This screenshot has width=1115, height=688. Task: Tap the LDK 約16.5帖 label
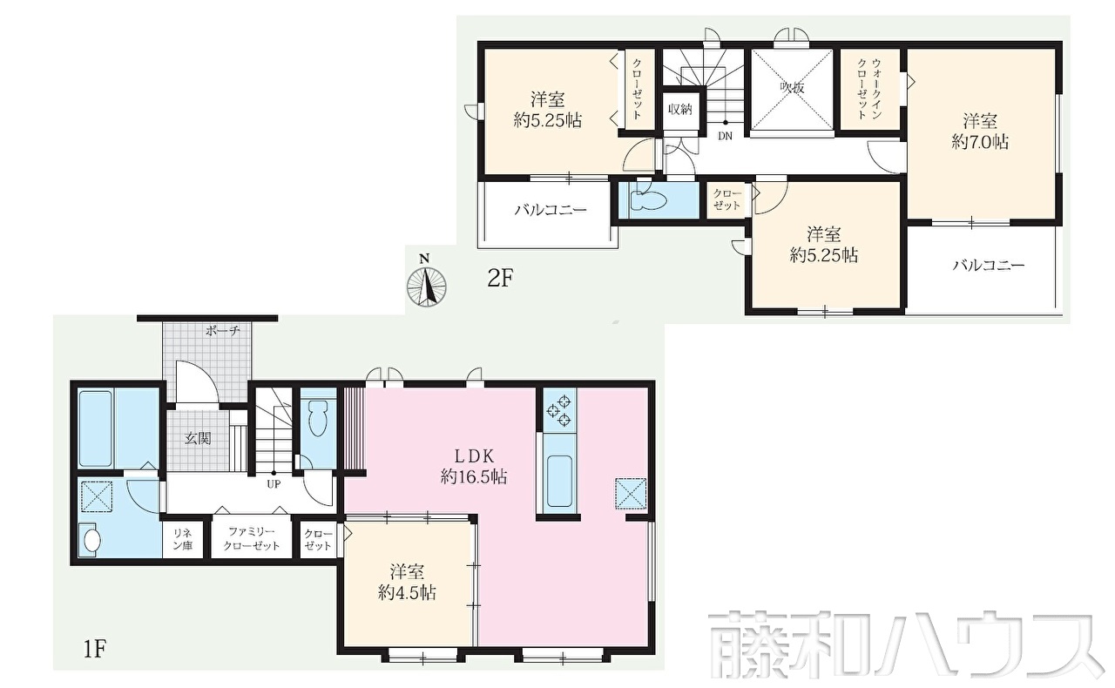coord(473,467)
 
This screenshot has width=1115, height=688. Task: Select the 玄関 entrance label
coord(198,439)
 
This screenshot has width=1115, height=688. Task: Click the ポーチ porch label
coord(222,331)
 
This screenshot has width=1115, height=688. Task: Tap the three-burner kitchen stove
coord(559,411)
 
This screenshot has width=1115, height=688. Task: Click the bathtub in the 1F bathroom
coord(95,428)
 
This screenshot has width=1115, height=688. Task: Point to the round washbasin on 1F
coord(91,540)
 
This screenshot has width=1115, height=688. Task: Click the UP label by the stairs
coord(274,484)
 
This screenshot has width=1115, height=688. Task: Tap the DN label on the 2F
coord(726,136)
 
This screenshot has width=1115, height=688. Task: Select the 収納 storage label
coord(680,110)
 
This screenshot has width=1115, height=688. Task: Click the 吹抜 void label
coord(792,88)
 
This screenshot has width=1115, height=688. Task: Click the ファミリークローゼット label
coord(252,539)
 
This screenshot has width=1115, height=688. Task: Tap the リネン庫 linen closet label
coord(182,539)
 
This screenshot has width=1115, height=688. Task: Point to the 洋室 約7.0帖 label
coord(980,132)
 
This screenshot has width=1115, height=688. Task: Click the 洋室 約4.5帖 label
coord(407,583)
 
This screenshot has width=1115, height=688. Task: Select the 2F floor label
coord(500,279)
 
